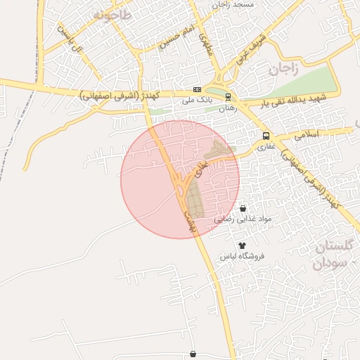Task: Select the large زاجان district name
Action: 283,69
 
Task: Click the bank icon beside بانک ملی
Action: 197,90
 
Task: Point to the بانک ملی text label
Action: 197,101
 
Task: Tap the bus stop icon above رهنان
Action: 228,96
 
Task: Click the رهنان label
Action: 227,109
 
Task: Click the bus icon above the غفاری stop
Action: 266,136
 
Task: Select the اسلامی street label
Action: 308,135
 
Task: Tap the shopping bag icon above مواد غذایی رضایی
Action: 243,209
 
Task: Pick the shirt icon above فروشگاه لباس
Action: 243,245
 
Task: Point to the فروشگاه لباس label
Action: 243,256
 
